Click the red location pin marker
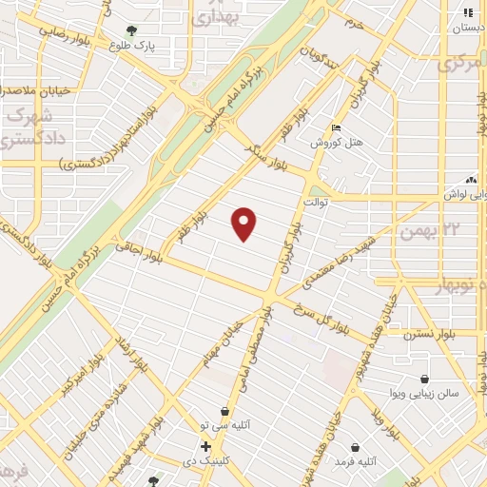click(244, 224)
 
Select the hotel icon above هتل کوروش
click(334, 128)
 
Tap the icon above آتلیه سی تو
click(224, 411)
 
